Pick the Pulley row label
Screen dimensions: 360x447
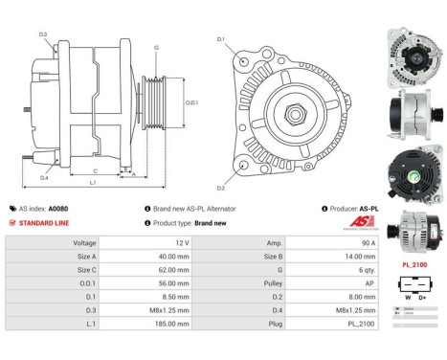click(x=251, y=284)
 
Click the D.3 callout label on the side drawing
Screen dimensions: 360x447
click(x=43, y=34)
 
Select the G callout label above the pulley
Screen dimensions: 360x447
click(x=156, y=46)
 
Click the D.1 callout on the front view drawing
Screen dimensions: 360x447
click(x=221, y=39)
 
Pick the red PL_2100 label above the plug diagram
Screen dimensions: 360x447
click(x=413, y=263)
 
